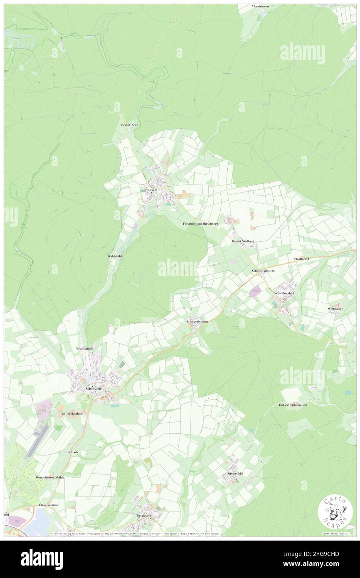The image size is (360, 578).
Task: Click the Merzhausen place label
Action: (x=260, y=7)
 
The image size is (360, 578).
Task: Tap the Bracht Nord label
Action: (x=129, y=125)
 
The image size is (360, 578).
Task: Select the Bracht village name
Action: (x=153, y=190)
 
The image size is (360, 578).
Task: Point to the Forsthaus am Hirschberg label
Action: (x=200, y=223)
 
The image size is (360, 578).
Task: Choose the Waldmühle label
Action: (x=115, y=257)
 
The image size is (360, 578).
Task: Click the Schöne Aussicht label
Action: (x=263, y=271)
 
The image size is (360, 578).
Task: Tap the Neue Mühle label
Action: (x=84, y=348)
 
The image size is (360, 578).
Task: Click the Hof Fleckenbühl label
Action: (x=73, y=414)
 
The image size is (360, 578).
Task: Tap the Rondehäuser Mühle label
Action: (x=50, y=478)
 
